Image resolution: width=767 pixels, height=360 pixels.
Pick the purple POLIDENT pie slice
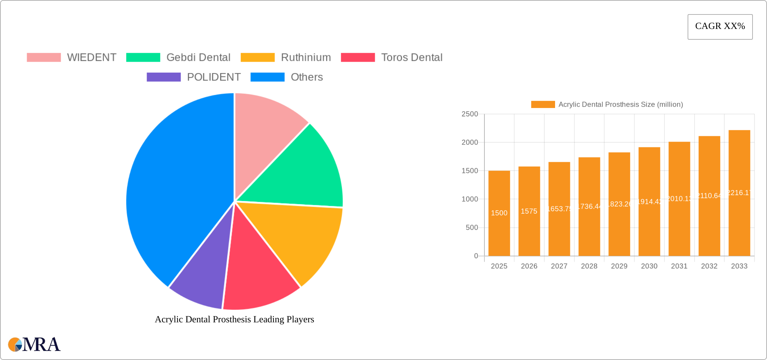[202, 276]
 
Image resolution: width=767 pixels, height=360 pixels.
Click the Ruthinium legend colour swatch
[257, 58]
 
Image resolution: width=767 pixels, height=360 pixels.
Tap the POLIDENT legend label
[214, 77]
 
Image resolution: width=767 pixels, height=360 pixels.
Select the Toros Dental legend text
[412, 58]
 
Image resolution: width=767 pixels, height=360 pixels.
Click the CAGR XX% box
[720, 27]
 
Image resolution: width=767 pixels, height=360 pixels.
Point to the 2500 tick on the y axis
[470, 114]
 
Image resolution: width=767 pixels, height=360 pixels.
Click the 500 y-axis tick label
[472, 228]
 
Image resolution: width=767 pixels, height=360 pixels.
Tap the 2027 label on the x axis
[559, 266]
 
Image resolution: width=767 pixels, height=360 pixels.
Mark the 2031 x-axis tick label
[679, 266]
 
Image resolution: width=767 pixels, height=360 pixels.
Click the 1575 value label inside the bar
[529, 211]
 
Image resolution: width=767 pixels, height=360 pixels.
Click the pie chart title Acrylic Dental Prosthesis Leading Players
[234, 319]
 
